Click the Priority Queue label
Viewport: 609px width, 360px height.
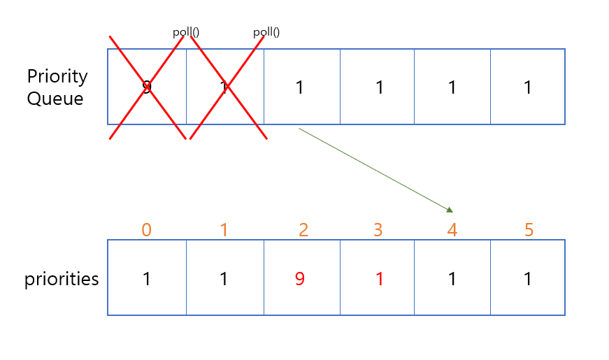point(57,87)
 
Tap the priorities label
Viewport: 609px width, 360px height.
point(62,279)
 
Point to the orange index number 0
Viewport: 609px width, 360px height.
point(146,229)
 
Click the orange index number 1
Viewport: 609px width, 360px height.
point(224,229)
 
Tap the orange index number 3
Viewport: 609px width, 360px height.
point(378,229)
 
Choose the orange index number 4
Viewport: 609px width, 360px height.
point(452,229)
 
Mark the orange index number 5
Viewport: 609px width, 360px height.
point(529,229)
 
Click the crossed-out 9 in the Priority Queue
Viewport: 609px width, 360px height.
point(146,87)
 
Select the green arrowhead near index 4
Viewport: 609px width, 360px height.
point(450,209)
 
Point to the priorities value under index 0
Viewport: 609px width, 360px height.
point(146,279)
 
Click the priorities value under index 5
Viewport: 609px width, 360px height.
point(529,279)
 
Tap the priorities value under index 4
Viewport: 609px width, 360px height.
point(452,279)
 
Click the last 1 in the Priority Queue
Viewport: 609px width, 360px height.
point(529,87)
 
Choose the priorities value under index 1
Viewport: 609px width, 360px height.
point(224,279)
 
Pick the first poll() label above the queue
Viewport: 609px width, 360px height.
point(187,32)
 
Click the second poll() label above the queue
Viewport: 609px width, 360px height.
point(266,32)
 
